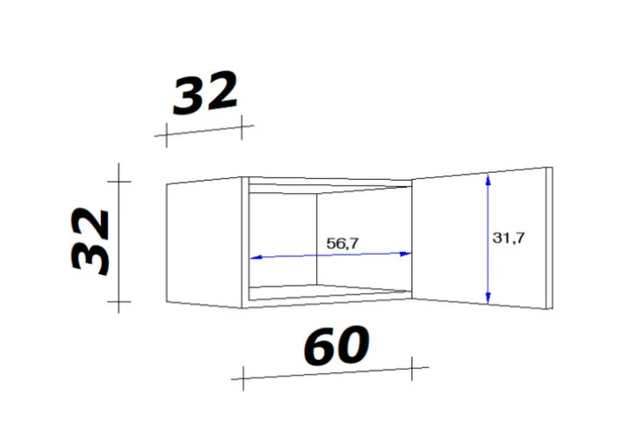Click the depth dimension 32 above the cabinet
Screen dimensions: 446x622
(x=206, y=94)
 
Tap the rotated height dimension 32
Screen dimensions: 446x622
(x=90, y=241)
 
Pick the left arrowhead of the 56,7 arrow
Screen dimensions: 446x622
(x=256, y=258)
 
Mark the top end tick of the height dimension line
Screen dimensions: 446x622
(x=118, y=181)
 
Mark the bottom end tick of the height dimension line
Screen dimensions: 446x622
(x=118, y=302)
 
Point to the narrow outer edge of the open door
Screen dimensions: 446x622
(x=548, y=239)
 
